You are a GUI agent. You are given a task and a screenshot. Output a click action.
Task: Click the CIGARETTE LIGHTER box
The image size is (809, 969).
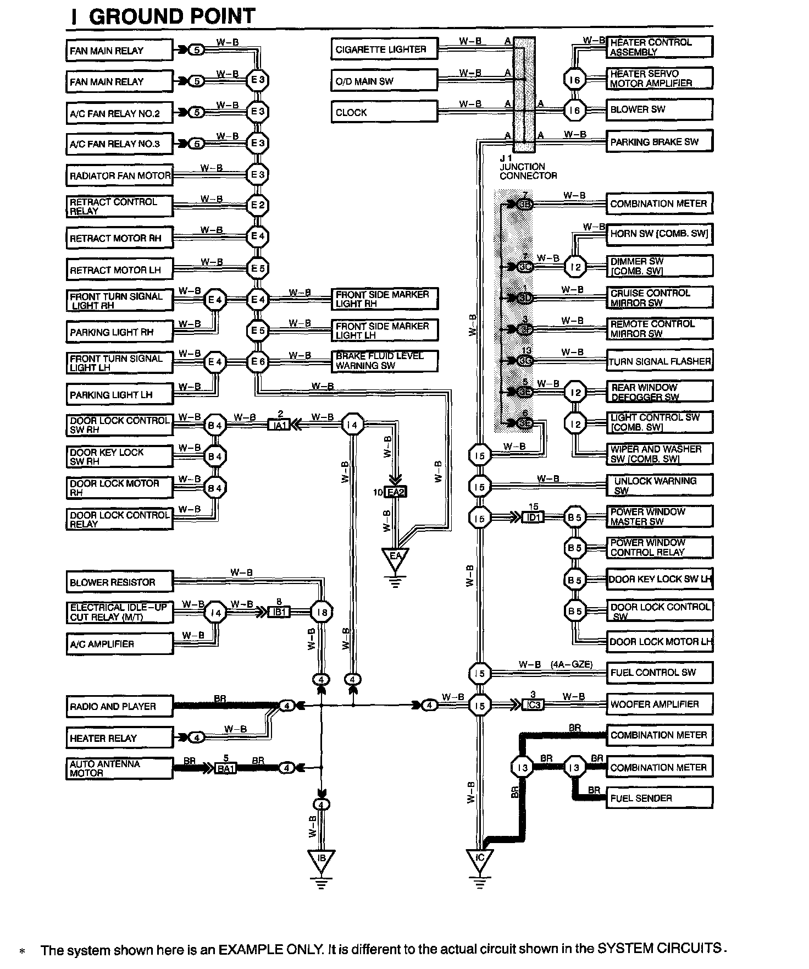pos(384,49)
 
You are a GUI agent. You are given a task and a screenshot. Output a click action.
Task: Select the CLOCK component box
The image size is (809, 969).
pos(384,112)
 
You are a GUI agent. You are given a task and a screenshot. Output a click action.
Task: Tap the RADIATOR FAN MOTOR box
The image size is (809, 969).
pos(119,176)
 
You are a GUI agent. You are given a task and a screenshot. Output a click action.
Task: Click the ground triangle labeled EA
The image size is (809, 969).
pos(396,558)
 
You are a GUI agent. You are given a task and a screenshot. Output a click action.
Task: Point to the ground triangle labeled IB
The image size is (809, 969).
pos(322,860)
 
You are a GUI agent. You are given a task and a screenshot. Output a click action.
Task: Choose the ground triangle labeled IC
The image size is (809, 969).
pos(480,860)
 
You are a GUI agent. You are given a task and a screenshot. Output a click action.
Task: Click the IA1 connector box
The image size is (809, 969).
pos(279,425)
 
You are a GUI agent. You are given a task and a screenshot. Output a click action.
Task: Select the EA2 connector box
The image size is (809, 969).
pos(396,492)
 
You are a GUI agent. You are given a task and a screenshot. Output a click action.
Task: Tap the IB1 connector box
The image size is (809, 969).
pos(279,612)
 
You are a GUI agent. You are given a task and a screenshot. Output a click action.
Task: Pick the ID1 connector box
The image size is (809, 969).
pos(533,517)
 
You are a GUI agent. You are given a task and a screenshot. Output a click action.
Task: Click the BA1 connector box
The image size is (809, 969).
pos(225,768)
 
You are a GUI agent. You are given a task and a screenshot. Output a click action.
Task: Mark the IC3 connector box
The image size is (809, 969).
pos(533,704)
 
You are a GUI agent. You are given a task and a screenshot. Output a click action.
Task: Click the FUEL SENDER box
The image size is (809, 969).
pos(659,798)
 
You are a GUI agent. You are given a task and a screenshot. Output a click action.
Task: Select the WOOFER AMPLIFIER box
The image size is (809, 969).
pos(659,704)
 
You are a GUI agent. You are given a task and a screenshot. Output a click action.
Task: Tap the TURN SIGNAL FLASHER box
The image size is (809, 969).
pos(659,361)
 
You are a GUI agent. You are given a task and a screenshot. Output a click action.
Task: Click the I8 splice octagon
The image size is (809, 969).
pos(322,612)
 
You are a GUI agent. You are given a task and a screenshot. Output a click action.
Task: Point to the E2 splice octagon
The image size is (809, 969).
pos(257,206)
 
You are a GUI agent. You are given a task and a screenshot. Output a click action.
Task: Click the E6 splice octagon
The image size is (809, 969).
pos(257,362)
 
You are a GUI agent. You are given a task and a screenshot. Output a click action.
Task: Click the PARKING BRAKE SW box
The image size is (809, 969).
pos(659,141)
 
